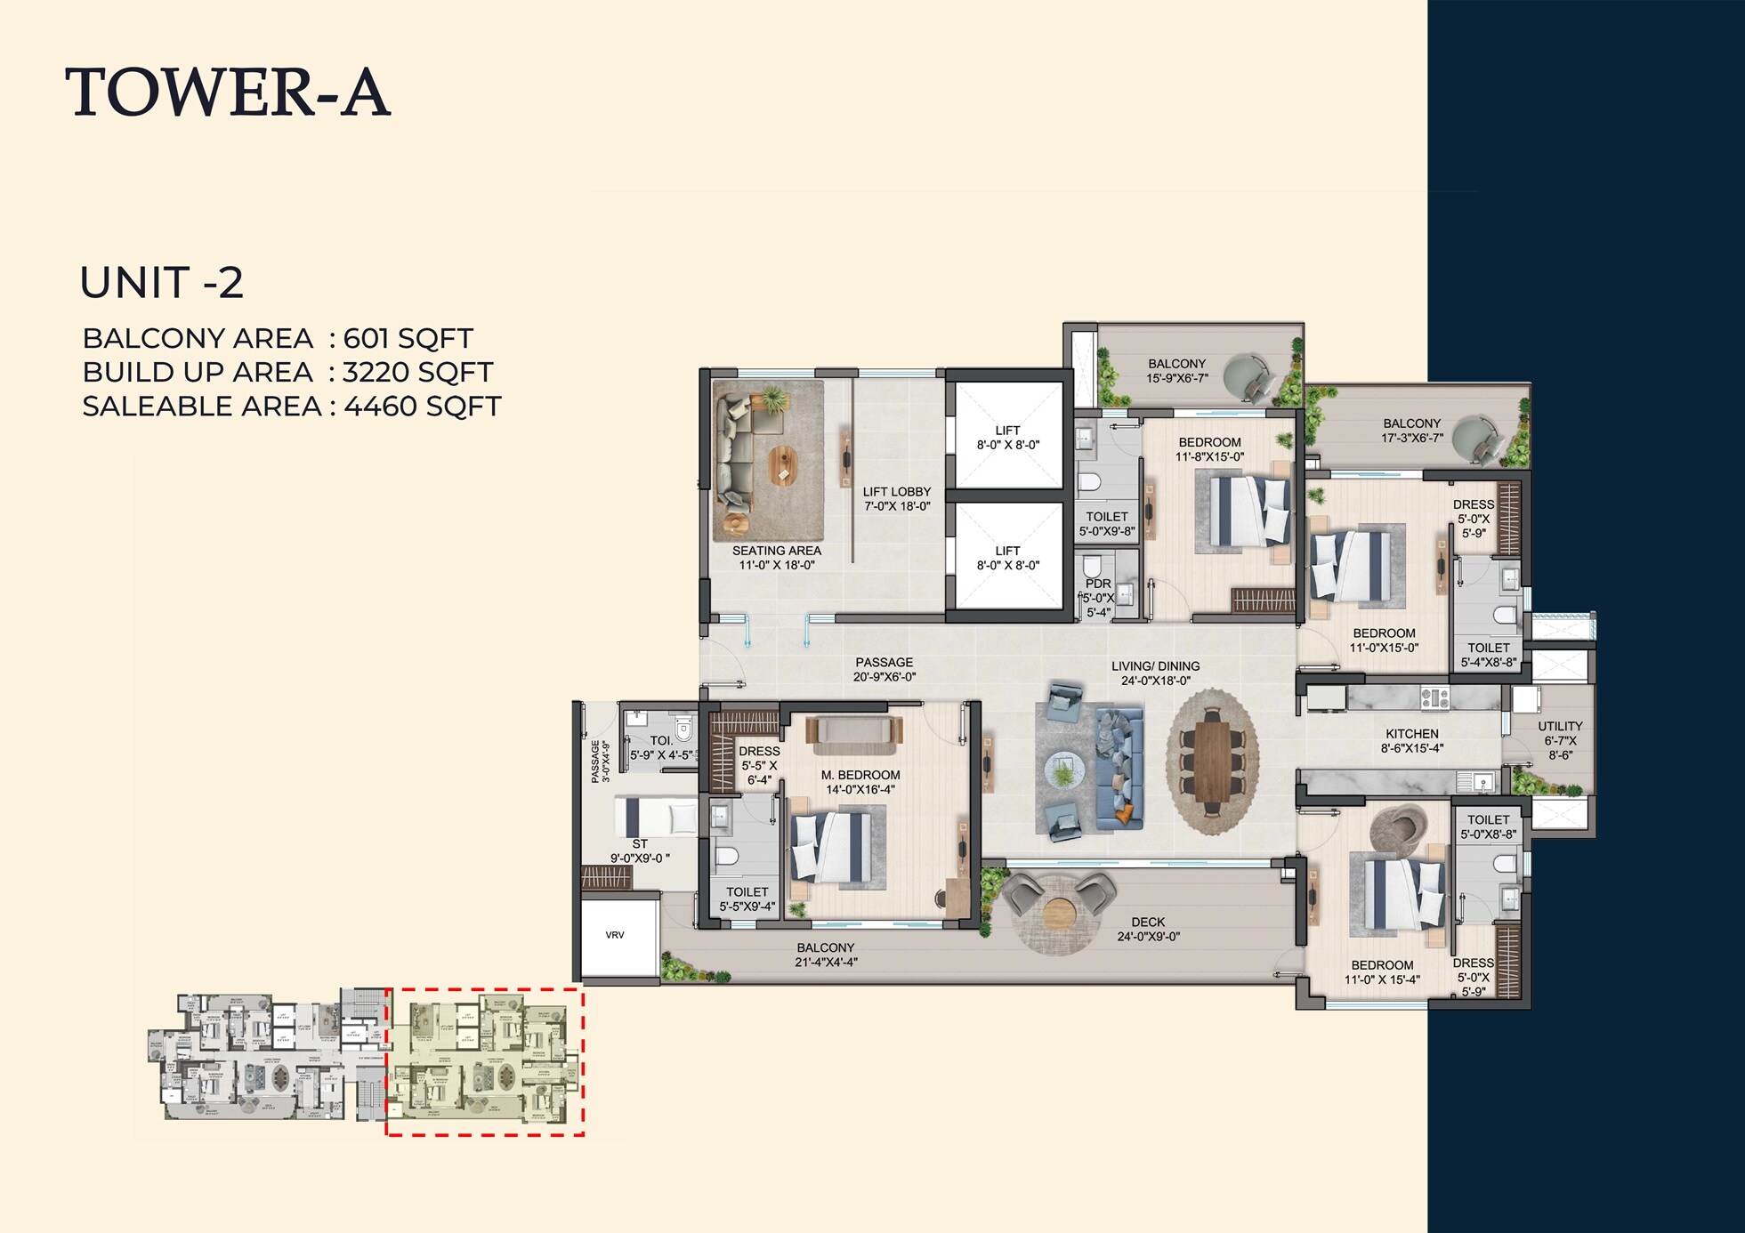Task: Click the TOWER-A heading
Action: pos(228,93)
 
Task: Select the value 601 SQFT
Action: pos(408,339)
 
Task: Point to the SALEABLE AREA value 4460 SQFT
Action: pos(422,407)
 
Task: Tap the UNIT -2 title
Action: pos(161,283)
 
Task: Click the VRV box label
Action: pos(615,935)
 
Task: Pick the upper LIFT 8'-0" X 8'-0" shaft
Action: pos(1007,437)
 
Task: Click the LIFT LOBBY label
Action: pos(896,498)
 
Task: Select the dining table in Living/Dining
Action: pos(1212,762)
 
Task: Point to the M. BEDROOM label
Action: pos(860,781)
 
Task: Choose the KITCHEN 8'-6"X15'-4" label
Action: pos(1411,740)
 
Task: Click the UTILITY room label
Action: pos(1559,740)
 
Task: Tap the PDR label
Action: pos(1098,584)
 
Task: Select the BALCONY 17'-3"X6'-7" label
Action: pos(1411,430)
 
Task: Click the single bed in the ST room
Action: pos(656,817)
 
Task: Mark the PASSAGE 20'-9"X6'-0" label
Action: pos(884,669)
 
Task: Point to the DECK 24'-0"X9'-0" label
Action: pos(1148,929)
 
